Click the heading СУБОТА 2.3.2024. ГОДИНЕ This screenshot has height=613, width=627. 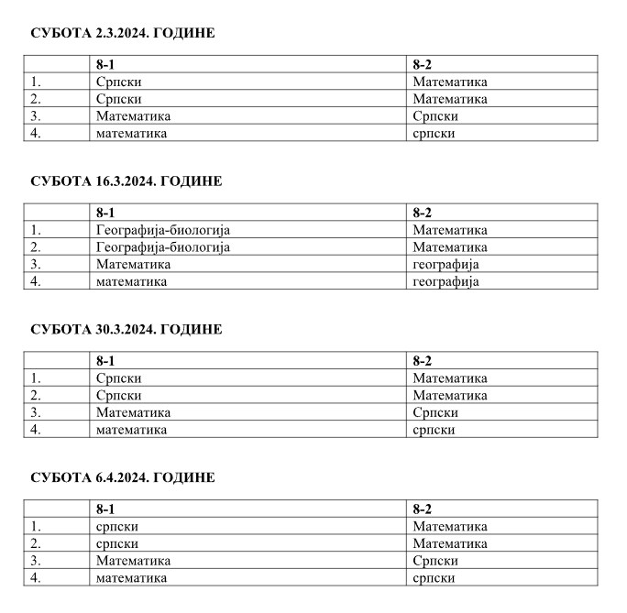(122, 33)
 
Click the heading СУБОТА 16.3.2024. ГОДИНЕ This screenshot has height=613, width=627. (126, 181)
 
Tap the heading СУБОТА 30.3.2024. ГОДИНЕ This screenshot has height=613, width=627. (126, 330)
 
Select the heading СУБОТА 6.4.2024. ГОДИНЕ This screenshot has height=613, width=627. (122, 478)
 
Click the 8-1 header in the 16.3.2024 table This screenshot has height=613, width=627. (104, 213)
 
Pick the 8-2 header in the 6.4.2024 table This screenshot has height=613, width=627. (422, 509)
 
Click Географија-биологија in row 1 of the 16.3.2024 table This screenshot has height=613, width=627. (162, 230)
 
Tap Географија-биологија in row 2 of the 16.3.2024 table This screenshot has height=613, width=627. (162, 247)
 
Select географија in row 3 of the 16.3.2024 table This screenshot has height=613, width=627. (445, 265)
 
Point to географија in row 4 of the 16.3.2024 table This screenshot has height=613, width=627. (445, 281)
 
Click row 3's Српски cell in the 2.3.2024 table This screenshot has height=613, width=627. (435, 116)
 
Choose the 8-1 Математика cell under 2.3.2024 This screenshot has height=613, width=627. (133, 116)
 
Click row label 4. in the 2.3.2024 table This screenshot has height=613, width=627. (37, 133)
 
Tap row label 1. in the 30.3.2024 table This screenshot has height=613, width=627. (37, 378)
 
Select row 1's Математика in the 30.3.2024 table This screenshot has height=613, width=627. (450, 378)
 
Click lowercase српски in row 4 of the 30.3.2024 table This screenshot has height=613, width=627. (434, 430)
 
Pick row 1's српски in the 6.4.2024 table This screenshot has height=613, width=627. (117, 527)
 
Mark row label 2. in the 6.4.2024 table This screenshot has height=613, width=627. (37, 543)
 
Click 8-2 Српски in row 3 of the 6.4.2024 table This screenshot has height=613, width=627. (435, 561)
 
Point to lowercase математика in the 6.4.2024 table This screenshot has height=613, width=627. (131, 578)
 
